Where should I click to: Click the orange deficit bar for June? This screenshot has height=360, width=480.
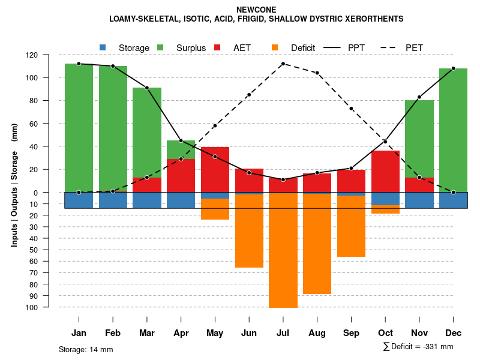(249, 231)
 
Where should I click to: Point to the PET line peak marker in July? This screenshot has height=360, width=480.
(283, 64)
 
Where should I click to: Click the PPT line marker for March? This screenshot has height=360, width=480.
(147, 88)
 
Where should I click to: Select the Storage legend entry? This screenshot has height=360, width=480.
(127, 47)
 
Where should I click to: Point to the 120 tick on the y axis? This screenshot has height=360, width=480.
(49, 55)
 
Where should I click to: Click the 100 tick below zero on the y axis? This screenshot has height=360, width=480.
(49, 307)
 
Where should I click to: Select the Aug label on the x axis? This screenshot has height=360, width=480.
(317, 333)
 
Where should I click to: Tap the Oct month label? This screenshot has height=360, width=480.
(385, 333)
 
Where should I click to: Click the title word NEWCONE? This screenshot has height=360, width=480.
(256, 10)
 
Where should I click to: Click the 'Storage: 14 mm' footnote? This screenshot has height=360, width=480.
(86, 349)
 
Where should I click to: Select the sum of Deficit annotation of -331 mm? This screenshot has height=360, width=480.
(418, 347)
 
